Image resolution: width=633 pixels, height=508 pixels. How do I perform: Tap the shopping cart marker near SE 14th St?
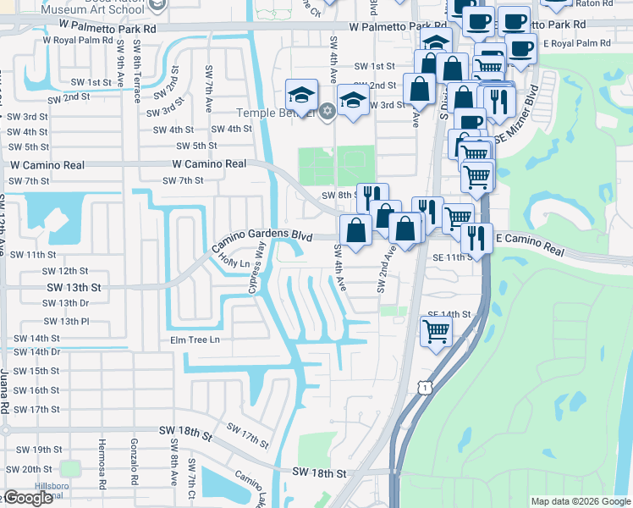[436, 331]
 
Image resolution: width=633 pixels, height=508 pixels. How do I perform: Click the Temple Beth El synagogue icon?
[325, 112]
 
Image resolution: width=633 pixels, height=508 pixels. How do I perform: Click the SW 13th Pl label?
[66, 321]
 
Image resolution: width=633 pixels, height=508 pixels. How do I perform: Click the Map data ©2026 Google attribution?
[580, 501]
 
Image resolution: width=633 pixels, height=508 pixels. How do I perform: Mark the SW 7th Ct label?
[192, 478]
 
